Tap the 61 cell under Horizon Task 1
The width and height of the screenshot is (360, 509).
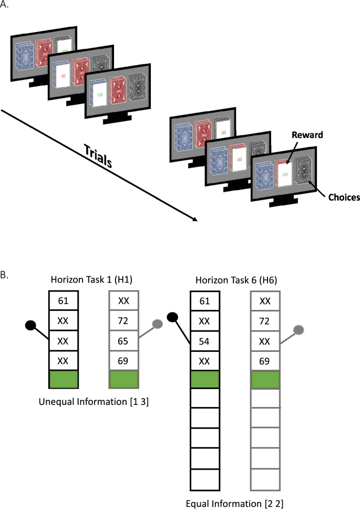(x=64, y=301)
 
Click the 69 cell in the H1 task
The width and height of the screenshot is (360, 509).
(x=123, y=359)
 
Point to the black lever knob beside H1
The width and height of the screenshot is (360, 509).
(x=31, y=326)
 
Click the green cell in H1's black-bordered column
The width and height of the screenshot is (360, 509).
(x=64, y=379)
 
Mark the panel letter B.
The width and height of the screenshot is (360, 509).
(x=6, y=274)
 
